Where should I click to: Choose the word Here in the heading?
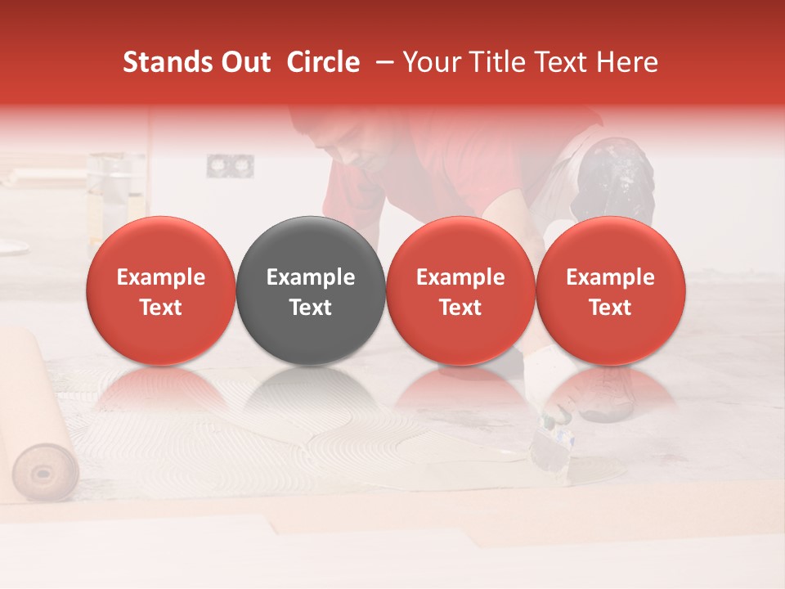point(627,63)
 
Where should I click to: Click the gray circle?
point(311,290)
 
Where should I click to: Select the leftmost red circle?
point(161,290)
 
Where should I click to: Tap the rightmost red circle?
point(611,290)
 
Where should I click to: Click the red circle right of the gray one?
point(460,290)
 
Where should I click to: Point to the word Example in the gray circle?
point(311,277)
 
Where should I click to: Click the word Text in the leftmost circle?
point(161,308)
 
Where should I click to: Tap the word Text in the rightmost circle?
point(611,308)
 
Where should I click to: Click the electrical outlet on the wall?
point(218,166)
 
